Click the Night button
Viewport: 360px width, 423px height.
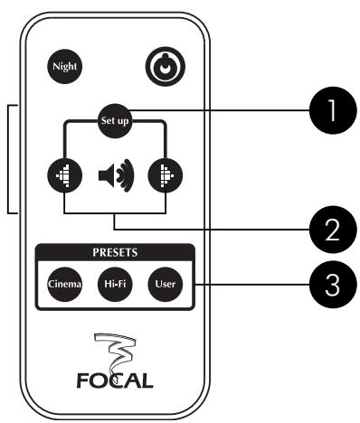(x=65, y=66)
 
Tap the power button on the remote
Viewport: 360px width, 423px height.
(x=163, y=66)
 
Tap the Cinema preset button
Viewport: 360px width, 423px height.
(x=65, y=284)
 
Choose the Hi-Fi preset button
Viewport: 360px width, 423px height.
(x=114, y=284)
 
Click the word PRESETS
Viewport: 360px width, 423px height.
(x=114, y=254)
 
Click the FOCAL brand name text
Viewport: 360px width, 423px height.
(x=115, y=374)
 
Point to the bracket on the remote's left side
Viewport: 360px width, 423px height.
(x=11, y=159)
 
